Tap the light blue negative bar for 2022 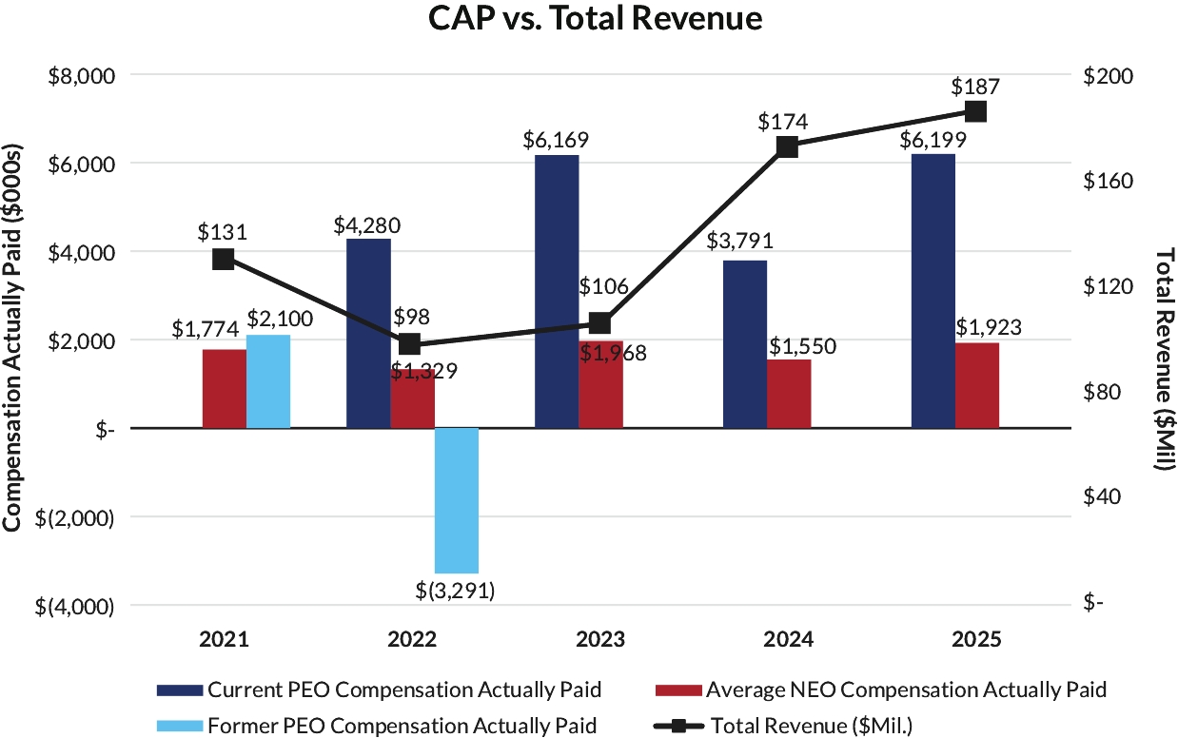click(457, 500)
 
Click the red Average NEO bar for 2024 click(789, 394)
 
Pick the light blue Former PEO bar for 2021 click(268, 381)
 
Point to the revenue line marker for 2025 click(975, 111)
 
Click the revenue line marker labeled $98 click(410, 343)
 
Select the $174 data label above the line click(782, 122)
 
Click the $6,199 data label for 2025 click(933, 141)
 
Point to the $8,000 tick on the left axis click(83, 75)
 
